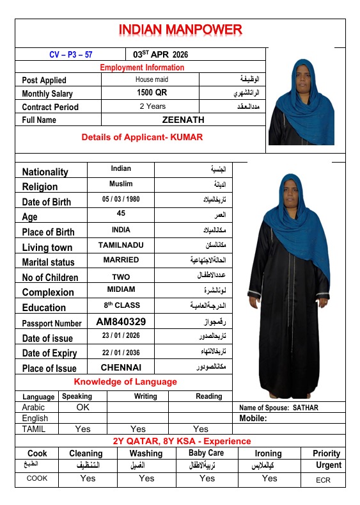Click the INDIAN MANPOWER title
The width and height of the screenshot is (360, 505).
(x=180, y=30)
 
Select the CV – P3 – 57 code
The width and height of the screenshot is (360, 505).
(x=70, y=54)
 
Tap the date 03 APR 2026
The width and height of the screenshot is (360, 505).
(x=160, y=54)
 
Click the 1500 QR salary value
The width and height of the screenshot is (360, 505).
(x=152, y=93)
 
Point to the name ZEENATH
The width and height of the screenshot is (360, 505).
(x=184, y=119)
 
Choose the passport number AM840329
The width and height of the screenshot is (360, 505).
(x=121, y=322)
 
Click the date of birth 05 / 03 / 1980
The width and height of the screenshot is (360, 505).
(x=120, y=200)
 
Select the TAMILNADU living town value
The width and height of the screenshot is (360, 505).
(x=121, y=245)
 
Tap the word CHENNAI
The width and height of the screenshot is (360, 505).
(x=121, y=367)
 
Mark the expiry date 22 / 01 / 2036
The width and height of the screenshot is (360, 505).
(x=121, y=352)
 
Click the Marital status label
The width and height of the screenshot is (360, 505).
(x=48, y=262)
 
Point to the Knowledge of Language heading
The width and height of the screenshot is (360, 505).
(x=125, y=382)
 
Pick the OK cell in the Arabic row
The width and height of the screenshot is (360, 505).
(x=83, y=407)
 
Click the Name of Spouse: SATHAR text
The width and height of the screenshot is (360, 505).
(x=278, y=408)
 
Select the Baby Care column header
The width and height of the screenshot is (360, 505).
(x=206, y=453)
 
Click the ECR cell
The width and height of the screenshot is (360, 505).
(x=324, y=479)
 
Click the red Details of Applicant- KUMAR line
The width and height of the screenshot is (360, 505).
(x=142, y=137)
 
